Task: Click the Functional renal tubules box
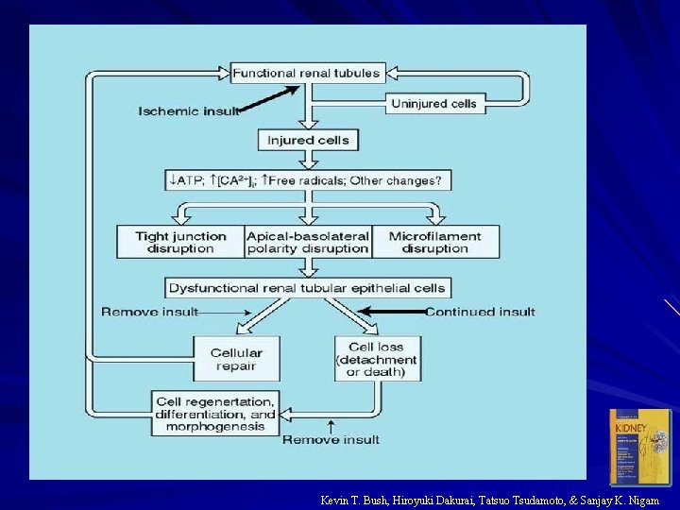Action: (x=306, y=73)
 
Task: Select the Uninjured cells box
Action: (x=434, y=102)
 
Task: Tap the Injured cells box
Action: (x=308, y=140)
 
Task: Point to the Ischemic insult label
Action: (x=189, y=111)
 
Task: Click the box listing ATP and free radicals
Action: (x=308, y=179)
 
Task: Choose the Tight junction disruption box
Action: (x=180, y=242)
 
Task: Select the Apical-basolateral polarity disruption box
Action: (x=307, y=242)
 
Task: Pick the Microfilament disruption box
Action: (x=434, y=242)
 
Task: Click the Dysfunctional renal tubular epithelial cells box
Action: (x=308, y=287)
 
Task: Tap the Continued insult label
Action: (x=480, y=312)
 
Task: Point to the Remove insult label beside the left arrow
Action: (x=149, y=312)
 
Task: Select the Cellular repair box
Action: (x=236, y=360)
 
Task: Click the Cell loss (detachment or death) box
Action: (x=377, y=360)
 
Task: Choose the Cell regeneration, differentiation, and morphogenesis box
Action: (x=216, y=414)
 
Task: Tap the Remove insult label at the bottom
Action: (x=331, y=439)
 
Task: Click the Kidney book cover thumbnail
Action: (x=639, y=447)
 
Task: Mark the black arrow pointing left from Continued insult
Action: (x=392, y=311)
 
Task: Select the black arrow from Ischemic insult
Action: (x=269, y=97)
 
